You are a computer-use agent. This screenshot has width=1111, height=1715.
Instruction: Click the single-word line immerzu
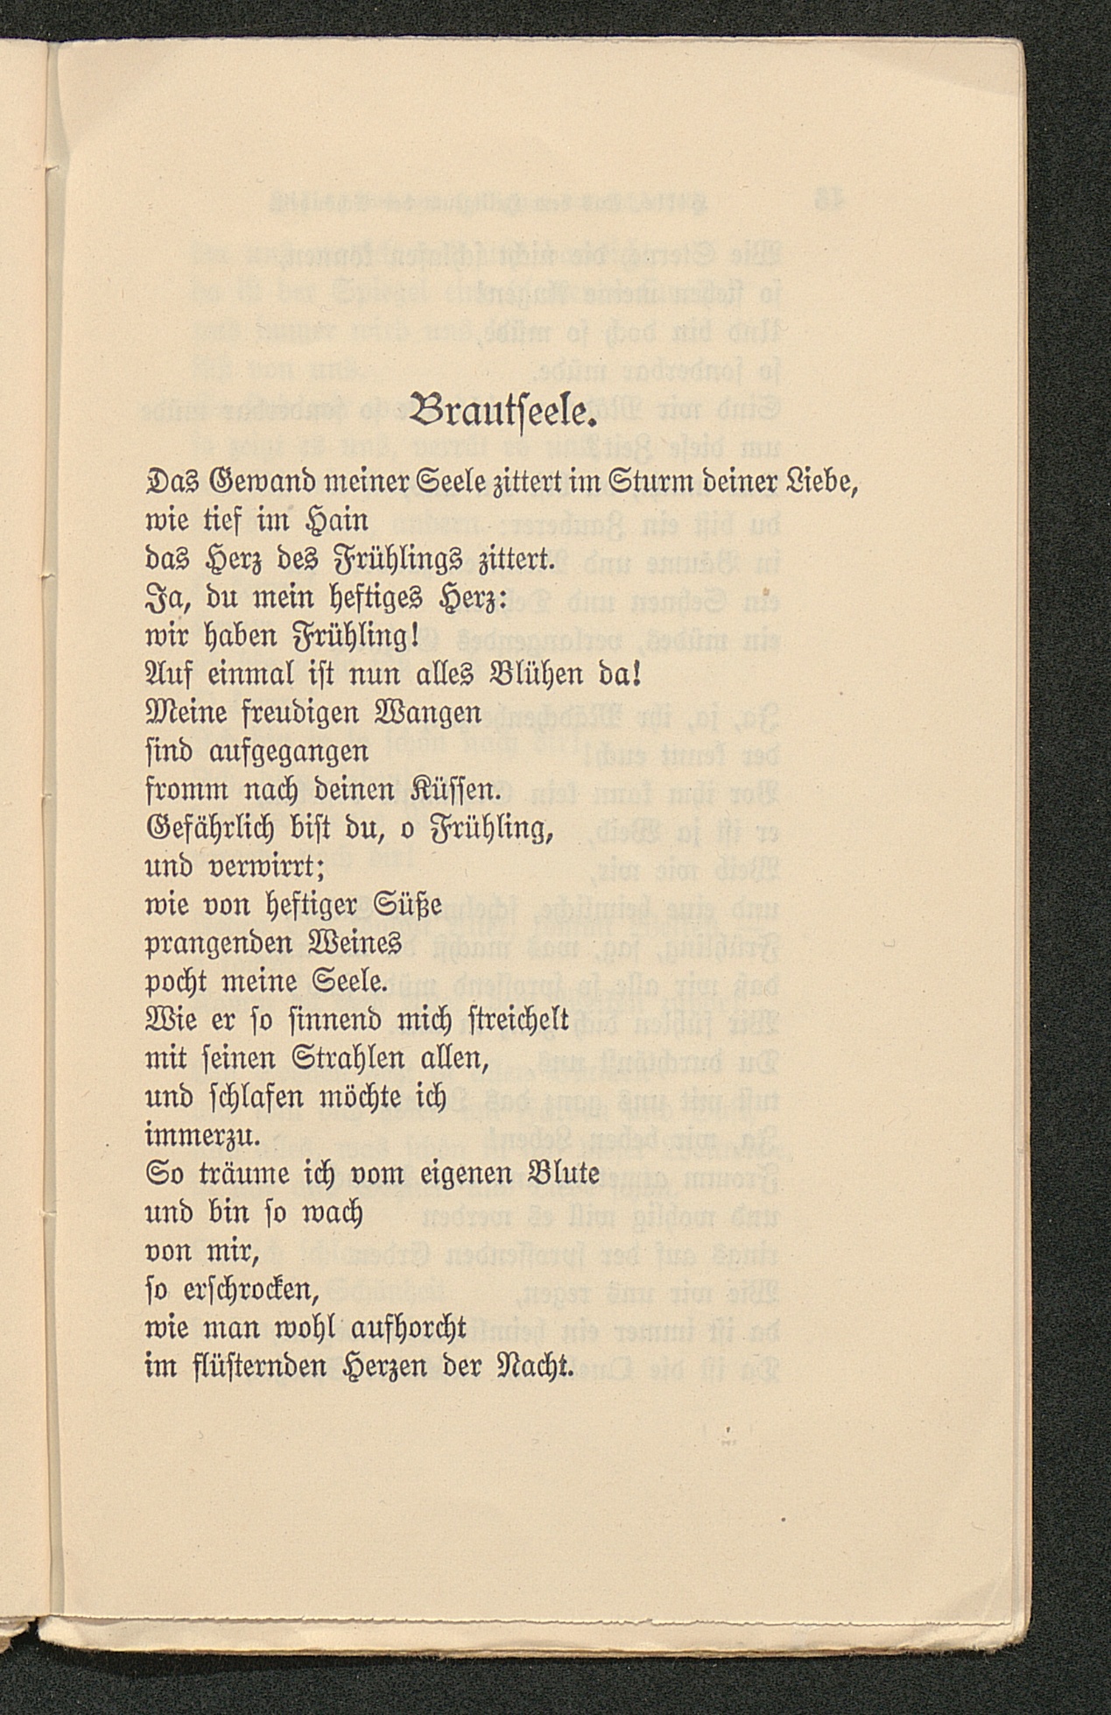(201, 1136)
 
